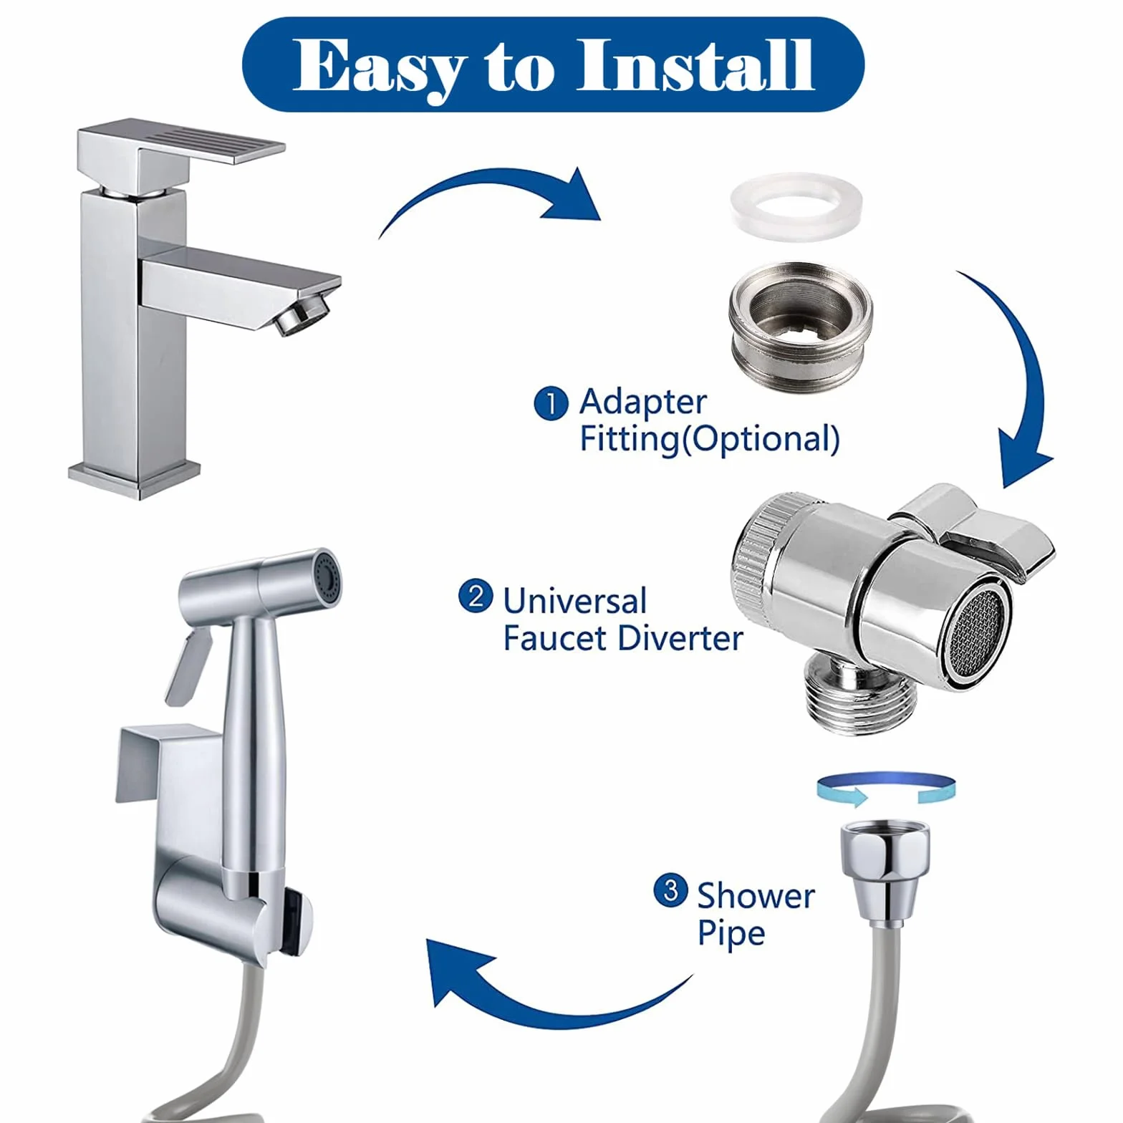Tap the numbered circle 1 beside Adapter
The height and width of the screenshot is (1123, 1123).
click(x=551, y=403)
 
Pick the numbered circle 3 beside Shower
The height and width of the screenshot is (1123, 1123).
click(x=671, y=890)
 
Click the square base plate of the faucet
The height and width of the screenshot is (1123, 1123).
click(x=135, y=478)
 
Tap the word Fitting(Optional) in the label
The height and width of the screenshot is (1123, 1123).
click(x=709, y=439)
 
